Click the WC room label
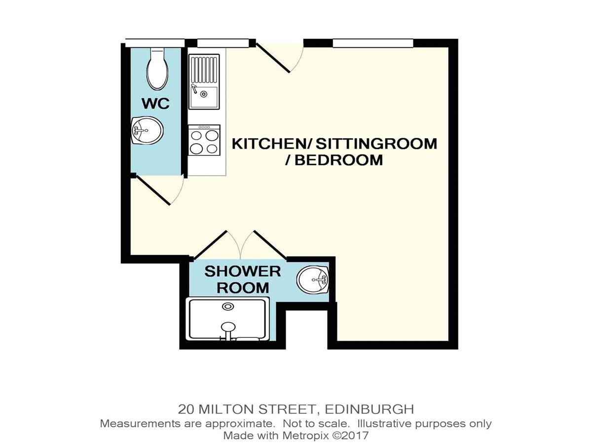pyautogui.click(x=155, y=104)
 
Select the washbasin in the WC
pyautogui.click(x=147, y=130)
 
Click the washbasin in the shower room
pyautogui.click(x=313, y=279)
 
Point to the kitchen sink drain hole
pyautogui.click(x=204, y=94)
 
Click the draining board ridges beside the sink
pyautogui.click(x=204, y=69)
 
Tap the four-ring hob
pyautogui.click(x=204, y=140)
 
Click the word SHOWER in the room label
pyautogui.click(x=243, y=271)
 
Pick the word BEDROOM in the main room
pyautogui.click(x=338, y=160)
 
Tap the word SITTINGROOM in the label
pyautogui.click(x=376, y=144)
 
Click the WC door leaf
pyautogui.click(x=152, y=190)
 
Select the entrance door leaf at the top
pyautogui.click(x=273, y=58)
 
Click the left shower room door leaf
pyautogui.click(x=210, y=245)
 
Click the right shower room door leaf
pyautogui.click(x=270, y=245)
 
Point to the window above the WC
pyautogui.click(x=155, y=43)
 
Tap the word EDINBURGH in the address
pyautogui.click(x=370, y=409)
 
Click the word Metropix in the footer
pyautogui.click(x=305, y=436)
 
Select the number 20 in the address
pyautogui.click(x=186, y=409)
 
